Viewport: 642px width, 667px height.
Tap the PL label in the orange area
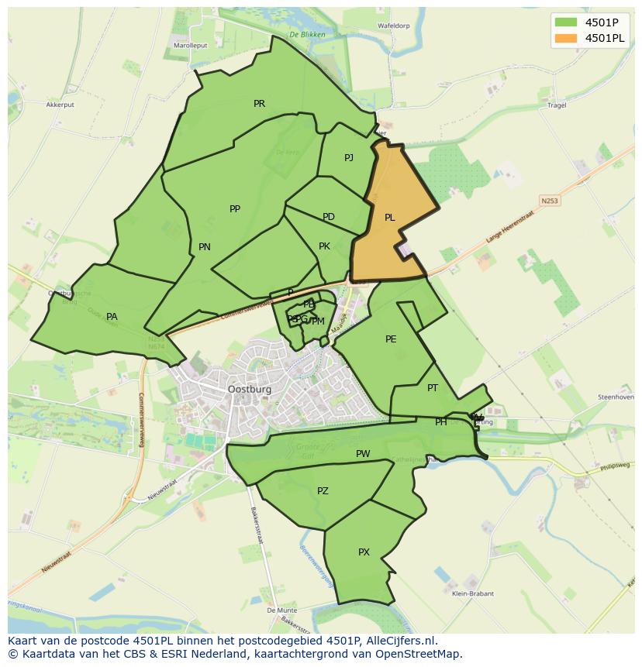coord(389,218)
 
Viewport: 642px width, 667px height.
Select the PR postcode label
coord(259,103)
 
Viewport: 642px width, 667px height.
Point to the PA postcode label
coord(112,316)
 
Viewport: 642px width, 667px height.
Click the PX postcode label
coord(364,552)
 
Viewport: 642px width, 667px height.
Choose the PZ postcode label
coord(323,491)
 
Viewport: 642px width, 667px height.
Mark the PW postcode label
coord(363,454)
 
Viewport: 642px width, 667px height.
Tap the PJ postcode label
coord(349,157)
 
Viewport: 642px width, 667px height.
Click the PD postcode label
coord(329,217)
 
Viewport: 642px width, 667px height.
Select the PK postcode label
coord(324,246)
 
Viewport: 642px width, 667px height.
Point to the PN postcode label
coord(204,247)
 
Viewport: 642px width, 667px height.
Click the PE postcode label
coord(391,339)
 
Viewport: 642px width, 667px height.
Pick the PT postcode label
coord(433,388)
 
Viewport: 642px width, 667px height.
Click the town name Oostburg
coord(250,390)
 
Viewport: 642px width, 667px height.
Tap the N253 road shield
coord(550,201)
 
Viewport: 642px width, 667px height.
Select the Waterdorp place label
coord(393,26)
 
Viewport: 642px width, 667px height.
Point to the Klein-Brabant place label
coord(472,594)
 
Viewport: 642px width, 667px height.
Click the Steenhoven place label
coord(615,397)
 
